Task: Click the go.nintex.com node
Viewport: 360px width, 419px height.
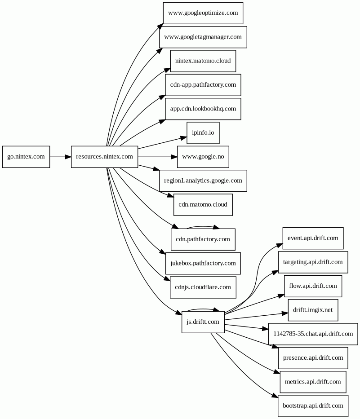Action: pyautogui.click(x=26, y=157)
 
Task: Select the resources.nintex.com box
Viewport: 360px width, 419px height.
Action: pyautogui.click(x=105, y=157)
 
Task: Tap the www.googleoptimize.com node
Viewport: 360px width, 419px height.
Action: pyautogui.click(x=203, y=13)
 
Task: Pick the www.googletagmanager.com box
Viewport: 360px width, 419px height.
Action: pyautogui.click(x=203, y=37)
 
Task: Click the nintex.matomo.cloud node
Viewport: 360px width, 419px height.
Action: pyautogui.click(x=203, y=61)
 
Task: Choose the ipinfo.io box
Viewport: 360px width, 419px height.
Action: pyautogui.click(x=203, y=133)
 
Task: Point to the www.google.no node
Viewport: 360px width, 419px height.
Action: pyautogui.click(x=203, y=157)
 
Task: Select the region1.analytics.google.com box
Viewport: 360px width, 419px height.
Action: pyautogui.click(x=203, y=181)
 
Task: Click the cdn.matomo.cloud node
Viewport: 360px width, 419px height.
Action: pyautogui.click(x=203, y=205)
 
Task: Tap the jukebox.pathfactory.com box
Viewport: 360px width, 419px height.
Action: pyautogui.click(x=203, y=263)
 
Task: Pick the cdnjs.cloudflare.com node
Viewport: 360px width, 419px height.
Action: pyautogui.click(x=203, y=287)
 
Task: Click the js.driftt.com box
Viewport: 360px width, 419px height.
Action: pyautogui.click(x=203, y=322)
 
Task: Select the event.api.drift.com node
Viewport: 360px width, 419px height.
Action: pyautogui.click(x=313, y=238)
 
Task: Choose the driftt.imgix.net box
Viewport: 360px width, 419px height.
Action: pyautogui.click(x=313, y=310)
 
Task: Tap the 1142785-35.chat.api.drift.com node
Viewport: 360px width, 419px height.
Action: pyautogui.click(x=313, y=334)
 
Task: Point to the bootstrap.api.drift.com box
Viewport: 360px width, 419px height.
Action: pyautogui.click(x=313, y=406)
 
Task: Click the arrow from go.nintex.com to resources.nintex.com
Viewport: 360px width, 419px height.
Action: pyautogui.click(x=60, y=157)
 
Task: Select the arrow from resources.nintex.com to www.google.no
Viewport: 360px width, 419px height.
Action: pyautogui.click(x=158, y=157)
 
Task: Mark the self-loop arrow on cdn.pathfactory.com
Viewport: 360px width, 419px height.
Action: pyautogui.click(x=203, y=227)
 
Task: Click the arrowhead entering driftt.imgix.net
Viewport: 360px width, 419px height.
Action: pyautogui.click(x=285, y=313)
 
